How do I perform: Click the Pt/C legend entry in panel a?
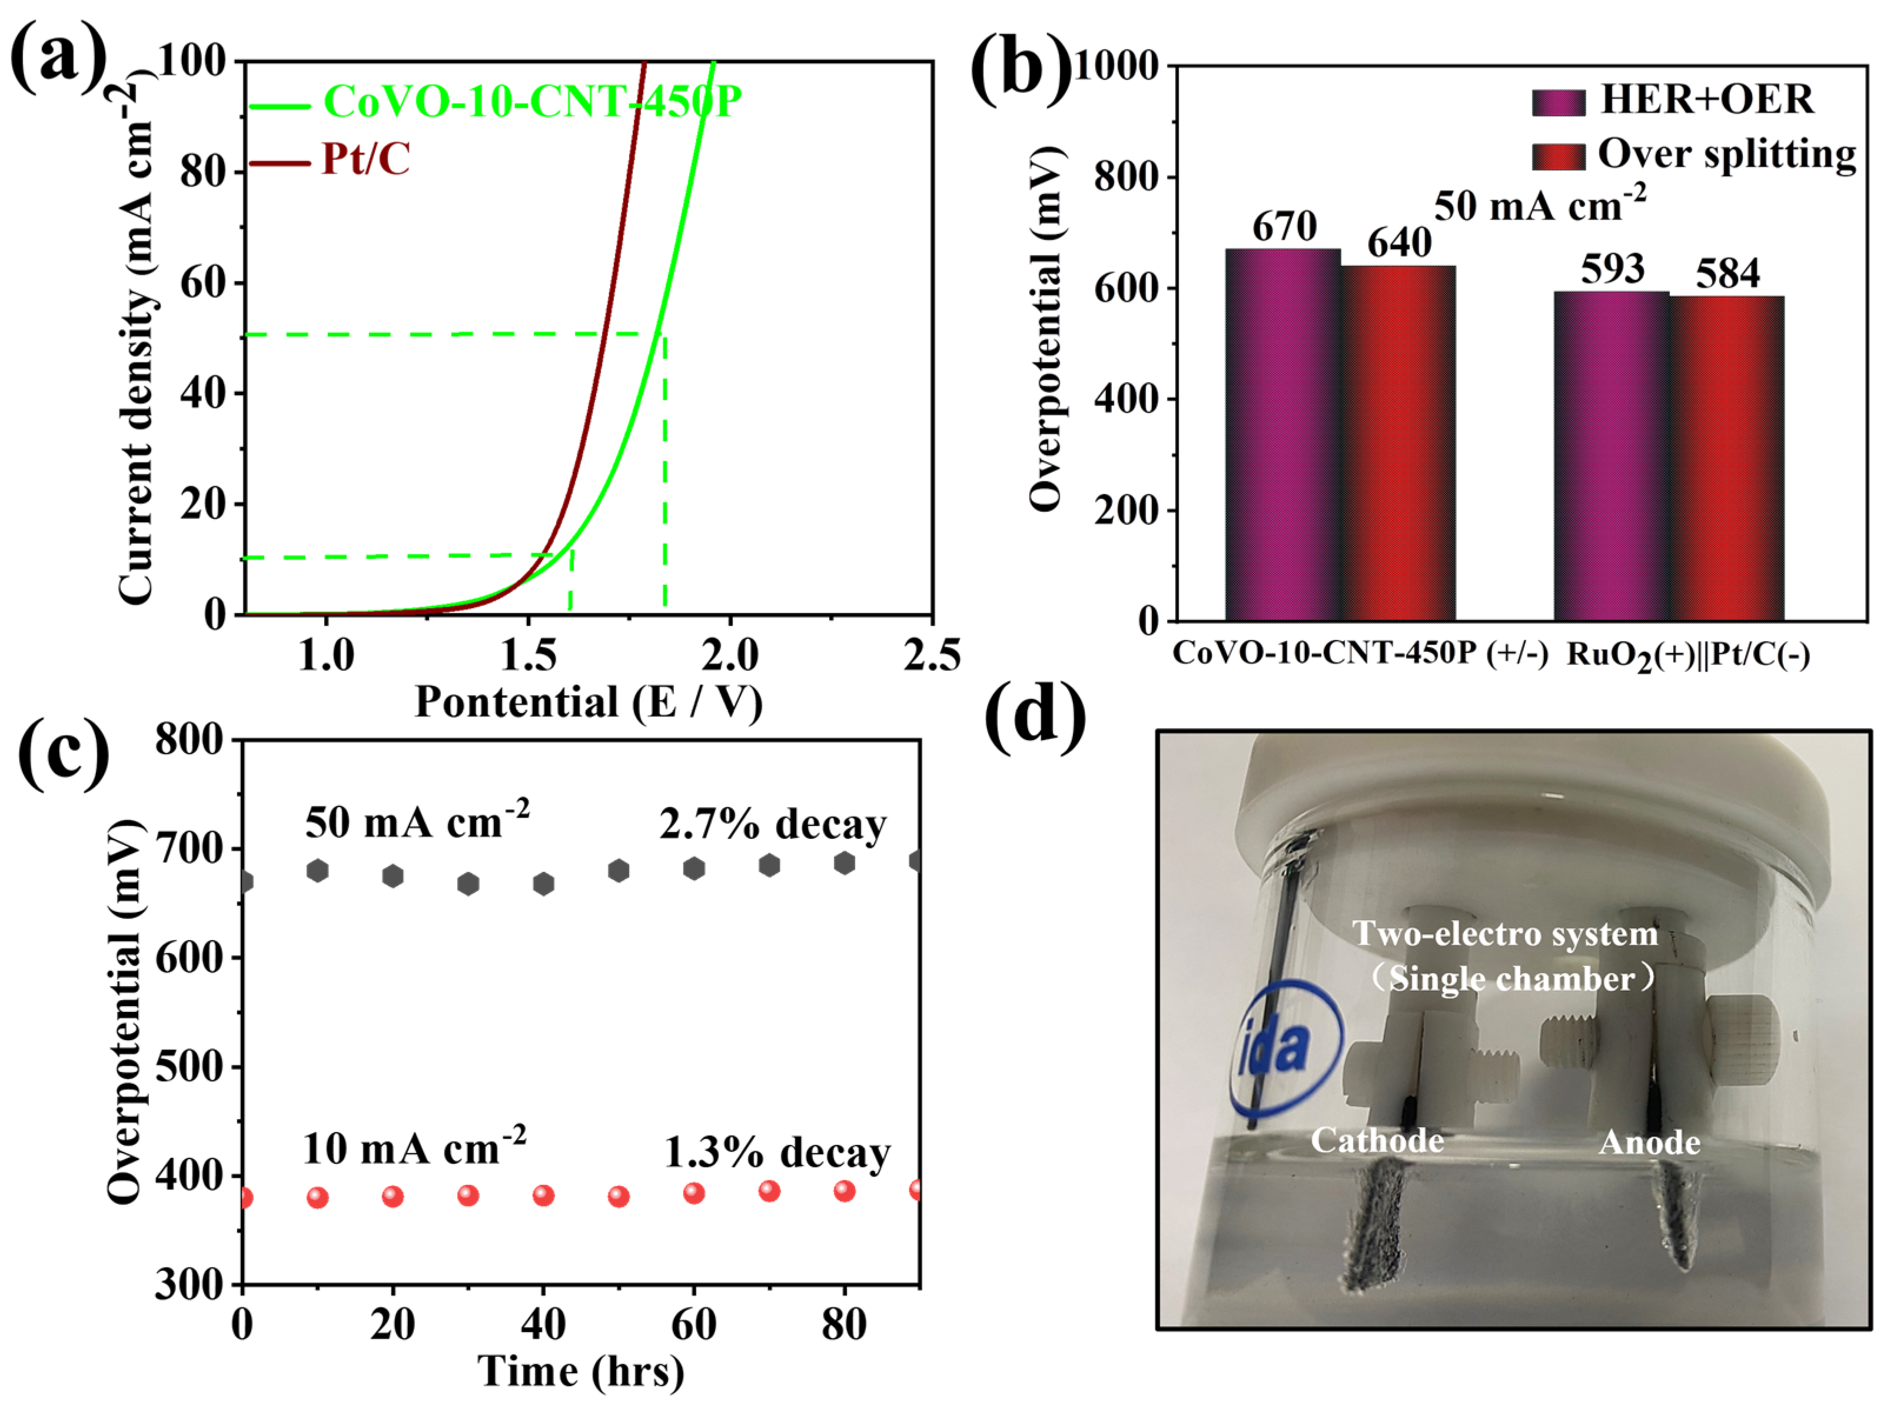(365, 159)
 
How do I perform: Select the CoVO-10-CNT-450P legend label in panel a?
(532, 102)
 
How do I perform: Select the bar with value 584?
(1726, 458)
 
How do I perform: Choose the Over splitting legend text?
(1726, 155)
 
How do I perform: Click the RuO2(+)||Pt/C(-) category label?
(1687, 655)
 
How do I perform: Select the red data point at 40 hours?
(543, 1195)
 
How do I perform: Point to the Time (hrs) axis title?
(580, 1370)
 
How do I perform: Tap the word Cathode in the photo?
(1377, 1140)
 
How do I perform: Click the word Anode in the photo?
(1649, 1143)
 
